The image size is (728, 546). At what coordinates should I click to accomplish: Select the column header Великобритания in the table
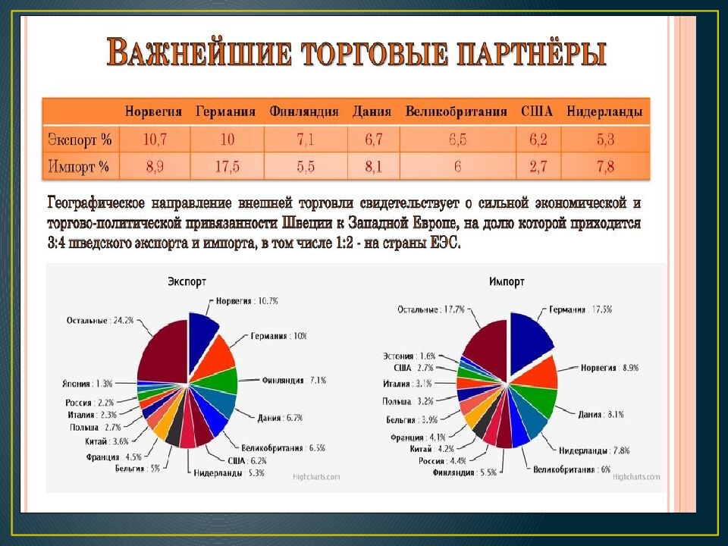point(456,112)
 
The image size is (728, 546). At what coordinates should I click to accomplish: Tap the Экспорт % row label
point(80,140)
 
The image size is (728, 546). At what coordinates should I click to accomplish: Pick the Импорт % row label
point(79,167)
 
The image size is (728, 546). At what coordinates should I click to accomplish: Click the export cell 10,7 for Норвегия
point(154,140)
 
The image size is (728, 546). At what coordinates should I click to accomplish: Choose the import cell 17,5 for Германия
point(226,167)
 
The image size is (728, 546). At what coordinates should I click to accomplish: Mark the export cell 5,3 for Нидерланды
point(605,140)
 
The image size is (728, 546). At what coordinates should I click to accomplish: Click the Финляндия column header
point(303,112)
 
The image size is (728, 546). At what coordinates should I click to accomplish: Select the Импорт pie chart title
point(507,281)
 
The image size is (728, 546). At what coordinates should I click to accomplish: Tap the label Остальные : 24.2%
point(100,320)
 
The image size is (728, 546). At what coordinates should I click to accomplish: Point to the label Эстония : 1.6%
point(409,355)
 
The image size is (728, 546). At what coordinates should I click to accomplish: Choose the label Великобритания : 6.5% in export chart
point(284,447)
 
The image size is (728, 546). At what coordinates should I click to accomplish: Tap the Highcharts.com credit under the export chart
point(317,476)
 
